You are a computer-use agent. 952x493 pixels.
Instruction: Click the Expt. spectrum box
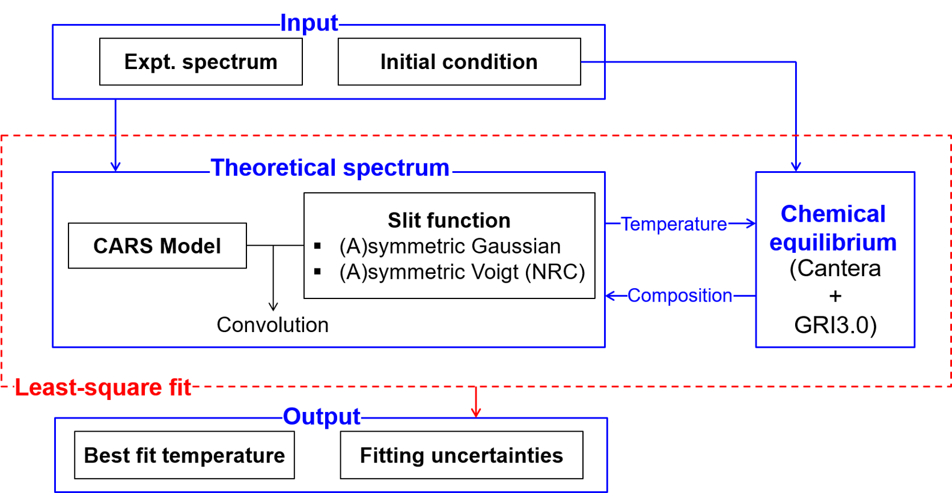tap(201, 62)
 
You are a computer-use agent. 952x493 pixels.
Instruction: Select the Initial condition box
tap(459, 62)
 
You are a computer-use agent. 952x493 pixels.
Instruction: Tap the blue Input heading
tap(309, 23)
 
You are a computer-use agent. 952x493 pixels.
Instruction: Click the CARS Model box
tap(157, 246)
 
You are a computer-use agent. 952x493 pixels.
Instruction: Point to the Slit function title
tap(449, 220)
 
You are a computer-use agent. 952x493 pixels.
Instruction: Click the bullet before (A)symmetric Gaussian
tap(318, 246)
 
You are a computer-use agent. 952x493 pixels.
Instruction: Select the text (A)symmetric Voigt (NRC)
tap(462, 272)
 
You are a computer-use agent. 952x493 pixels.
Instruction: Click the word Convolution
tap(272, 325)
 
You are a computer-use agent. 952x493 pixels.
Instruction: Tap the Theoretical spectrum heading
tap(330, 168)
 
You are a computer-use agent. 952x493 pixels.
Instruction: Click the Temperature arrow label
tap(674, 224)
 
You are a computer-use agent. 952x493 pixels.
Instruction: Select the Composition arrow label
tap(680, 295)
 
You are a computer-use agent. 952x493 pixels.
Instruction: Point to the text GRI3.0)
tap(835, 325)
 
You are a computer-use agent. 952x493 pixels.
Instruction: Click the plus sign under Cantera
tap(835, 296)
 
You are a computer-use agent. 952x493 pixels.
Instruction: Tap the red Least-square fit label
tap(103, 387)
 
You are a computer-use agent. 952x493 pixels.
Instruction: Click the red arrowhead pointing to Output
tap(476, 413)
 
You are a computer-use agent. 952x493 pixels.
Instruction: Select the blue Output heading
tap(322, 416)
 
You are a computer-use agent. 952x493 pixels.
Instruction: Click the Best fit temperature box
tap(185, 455)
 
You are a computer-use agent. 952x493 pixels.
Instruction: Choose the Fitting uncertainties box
tap(462, 455)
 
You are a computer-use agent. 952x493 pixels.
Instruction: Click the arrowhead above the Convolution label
tap(273, 306)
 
